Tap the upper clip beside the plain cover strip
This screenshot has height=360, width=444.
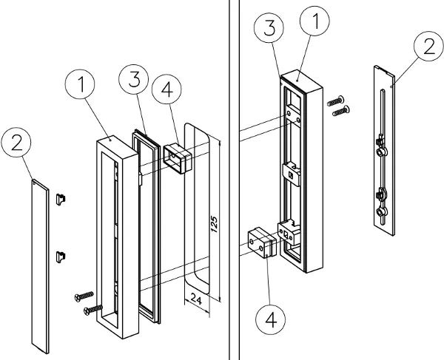pyautogui.click(x=63, y=197)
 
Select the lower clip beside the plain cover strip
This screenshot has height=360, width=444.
pyautogui.click(x=63, y=255)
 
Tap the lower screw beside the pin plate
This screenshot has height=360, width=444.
pyautogui.click(x=340, y=111)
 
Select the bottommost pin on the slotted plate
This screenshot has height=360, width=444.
pyautogui.click(x=381, y=213)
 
